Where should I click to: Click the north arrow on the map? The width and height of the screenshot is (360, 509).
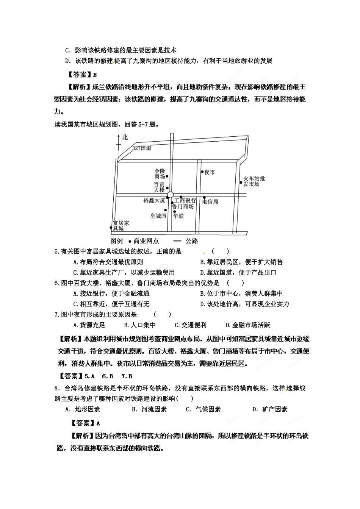[119, 140]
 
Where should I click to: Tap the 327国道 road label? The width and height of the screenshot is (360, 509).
[142, 148]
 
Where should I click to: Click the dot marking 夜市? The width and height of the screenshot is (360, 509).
[202, 172]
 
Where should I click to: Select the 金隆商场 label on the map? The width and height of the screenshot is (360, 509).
[160, 174]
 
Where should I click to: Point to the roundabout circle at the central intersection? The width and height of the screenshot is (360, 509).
[170, 195]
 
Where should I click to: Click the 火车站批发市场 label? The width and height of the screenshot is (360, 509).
[254, 181]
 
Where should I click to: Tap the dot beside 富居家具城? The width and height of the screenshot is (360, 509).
[111, 228]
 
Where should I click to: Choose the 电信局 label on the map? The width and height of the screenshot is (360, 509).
[210, 202]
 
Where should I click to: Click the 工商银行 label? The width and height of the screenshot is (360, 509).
[185, 200]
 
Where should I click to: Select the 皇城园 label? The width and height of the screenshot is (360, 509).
[158, 216]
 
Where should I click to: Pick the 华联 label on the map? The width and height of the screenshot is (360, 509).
[178, 216]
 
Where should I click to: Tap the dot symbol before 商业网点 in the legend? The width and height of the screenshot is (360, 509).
[130, 241]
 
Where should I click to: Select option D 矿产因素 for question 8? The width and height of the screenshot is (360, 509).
[270, 409]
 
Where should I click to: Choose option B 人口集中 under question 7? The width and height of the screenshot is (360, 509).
[140, 325]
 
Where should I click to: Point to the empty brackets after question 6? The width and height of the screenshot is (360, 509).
[235, 283]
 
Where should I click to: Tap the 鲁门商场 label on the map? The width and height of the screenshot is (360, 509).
[183, 206]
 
